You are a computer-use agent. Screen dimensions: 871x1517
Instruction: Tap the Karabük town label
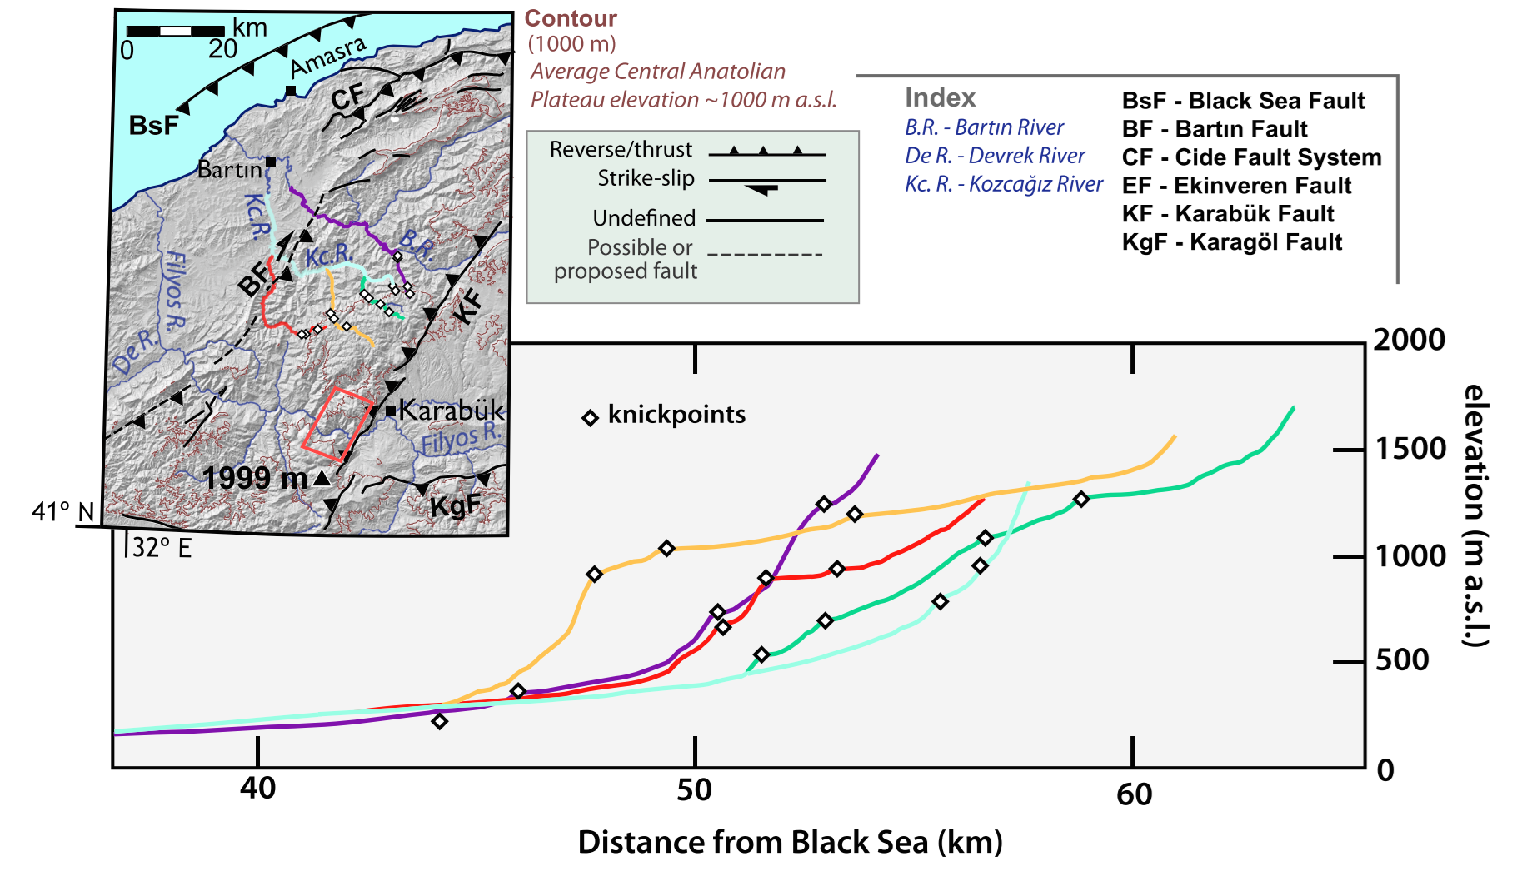pyautogui.click(x=451, y=410)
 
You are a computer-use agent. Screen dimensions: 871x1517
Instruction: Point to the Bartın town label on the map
pyautogui.click(x=230, y=170)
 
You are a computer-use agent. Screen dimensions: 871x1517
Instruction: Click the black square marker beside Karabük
pyautogui.click(x=390, y=411)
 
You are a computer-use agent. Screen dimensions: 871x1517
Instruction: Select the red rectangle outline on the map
pyautogui.click(x=337, y=423)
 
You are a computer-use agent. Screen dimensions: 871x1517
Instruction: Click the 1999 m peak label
pyautogui.click(x=255, y=478)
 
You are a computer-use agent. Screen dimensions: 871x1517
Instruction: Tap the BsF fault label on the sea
pyautogui.click(x=154, y=126)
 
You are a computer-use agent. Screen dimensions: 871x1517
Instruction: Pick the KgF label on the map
pyautogui.click(x=455, y=505)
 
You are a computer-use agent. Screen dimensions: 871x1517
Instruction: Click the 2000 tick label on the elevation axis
pyautogui.click(x=1409, y=340)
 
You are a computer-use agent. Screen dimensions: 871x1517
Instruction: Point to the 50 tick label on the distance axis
pyautogui.click(x=694, y=789)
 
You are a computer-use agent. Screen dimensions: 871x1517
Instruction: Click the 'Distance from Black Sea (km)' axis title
pyautogui.click(x=790, y=842)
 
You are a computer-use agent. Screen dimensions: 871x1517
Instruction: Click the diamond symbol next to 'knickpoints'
pyautogui.click(x=590, y=417)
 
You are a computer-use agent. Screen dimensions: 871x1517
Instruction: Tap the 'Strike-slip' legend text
pyautogui.click(x=646, y=178)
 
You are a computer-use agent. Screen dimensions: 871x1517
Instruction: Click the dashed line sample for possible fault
pyautogui.click(x=765, y=255)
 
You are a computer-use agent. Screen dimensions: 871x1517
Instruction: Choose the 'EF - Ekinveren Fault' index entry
pyautogui.click(x=1236, y=186)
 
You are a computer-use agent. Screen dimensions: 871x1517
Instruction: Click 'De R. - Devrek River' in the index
pyautogui.click(x=995, y=156)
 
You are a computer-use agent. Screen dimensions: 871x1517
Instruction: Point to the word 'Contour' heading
pyautogui.click(x=571, y=18)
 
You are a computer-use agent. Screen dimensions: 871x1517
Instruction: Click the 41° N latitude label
pyautogui.click(x=63, y=511)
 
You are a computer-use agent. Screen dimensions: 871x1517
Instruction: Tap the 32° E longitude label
pyautogui.click(x=162, y=547)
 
